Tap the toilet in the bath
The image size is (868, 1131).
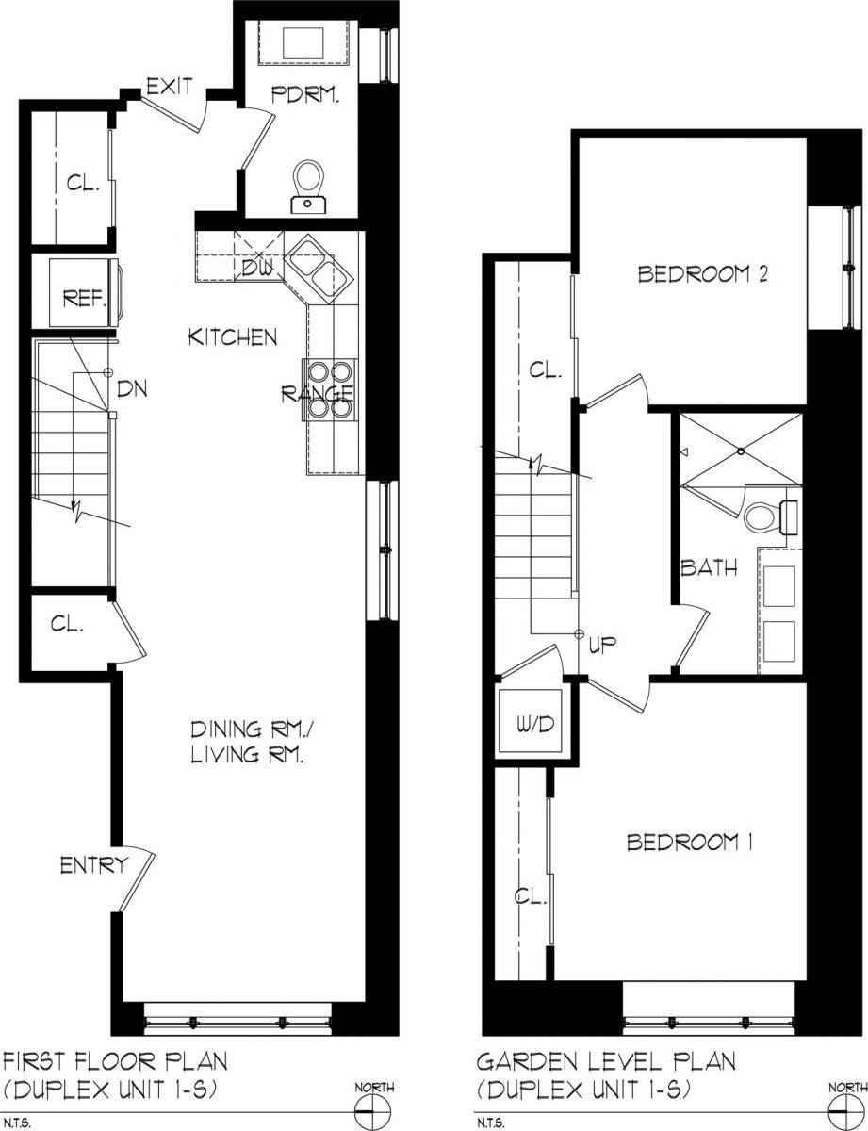pos(765,515)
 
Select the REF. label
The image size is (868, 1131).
pos(83,300)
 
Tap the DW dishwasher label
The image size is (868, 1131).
pos(255,267)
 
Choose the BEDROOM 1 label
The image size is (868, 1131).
pos(689,842)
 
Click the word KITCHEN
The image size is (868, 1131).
pos(232,336)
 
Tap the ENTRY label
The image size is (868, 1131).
pos(93,865)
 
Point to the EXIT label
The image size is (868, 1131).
pos(170,88)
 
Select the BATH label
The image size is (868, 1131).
pos(709,568)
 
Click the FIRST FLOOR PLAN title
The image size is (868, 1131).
pos(116,1062)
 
